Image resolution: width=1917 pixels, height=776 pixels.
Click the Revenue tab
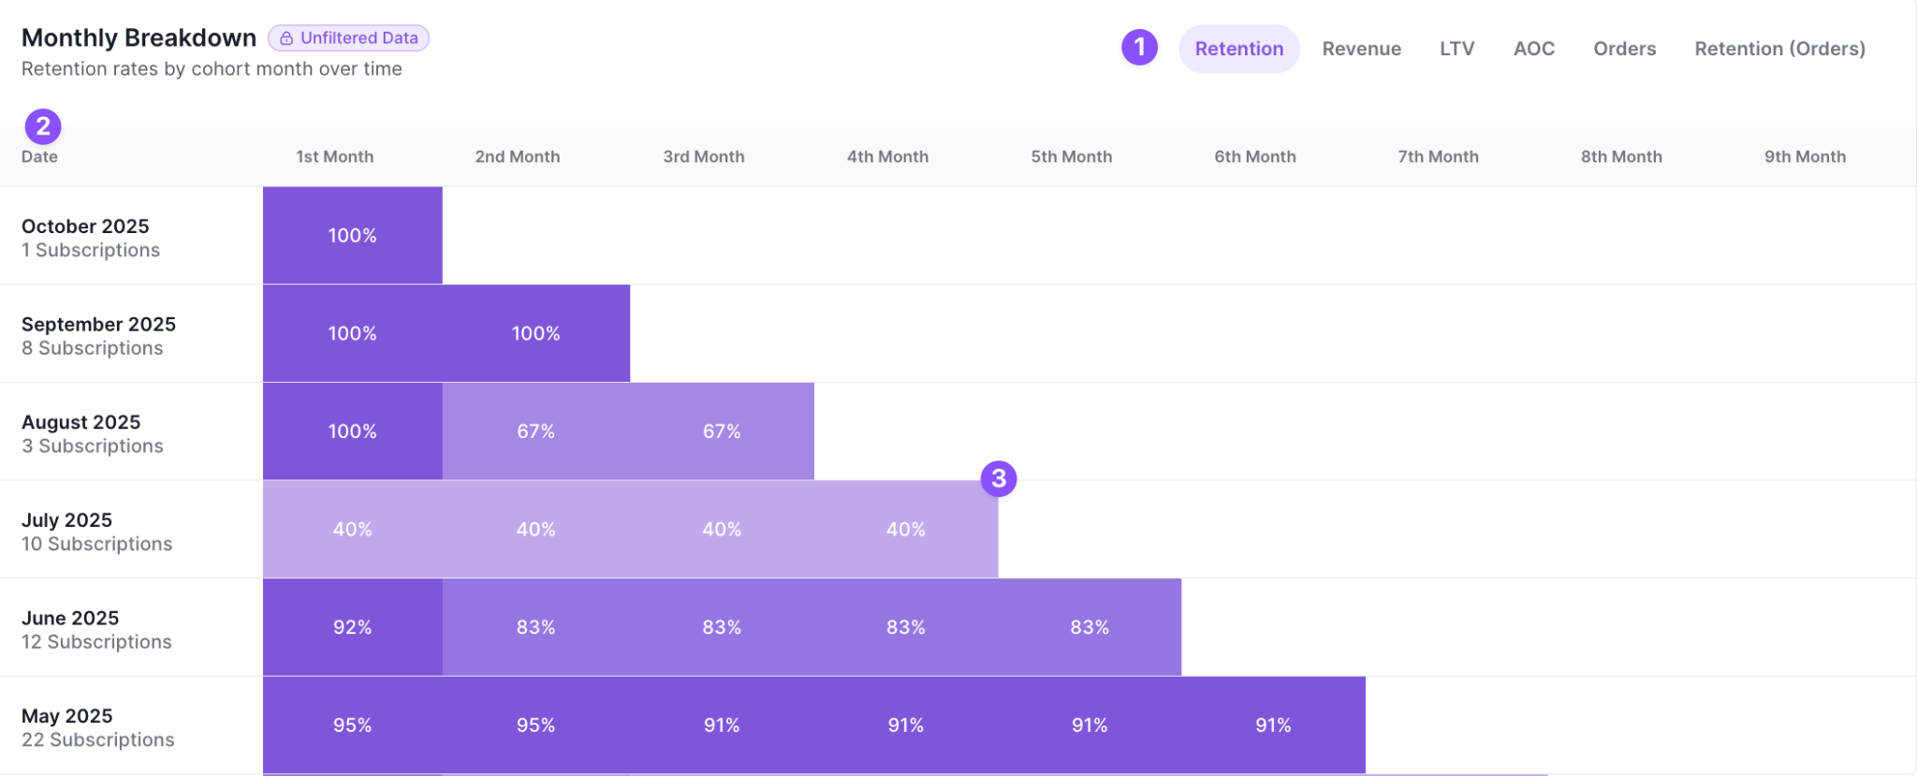[x=1361, y=49]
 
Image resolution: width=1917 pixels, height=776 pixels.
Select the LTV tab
[x=1456, y=49]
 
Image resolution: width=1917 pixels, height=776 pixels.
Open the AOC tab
[x=1533, y=49]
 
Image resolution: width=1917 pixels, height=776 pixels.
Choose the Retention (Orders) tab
[x=1779, y=49]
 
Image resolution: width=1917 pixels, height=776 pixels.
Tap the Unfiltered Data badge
[x=348, y=38]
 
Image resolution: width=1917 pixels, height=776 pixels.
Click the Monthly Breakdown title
[x=139, y=37]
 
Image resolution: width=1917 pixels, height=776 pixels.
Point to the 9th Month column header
[x=1805, y=157]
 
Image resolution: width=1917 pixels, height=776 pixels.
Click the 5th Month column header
[x=1071, y=157]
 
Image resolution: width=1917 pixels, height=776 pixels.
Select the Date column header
[x=39, y=157]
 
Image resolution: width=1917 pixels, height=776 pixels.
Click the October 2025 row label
[x=85, y=227]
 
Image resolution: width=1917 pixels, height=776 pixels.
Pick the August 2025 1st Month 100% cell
[x=353, y=432]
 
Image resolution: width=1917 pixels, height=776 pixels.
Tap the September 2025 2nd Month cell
[x=536, y=333]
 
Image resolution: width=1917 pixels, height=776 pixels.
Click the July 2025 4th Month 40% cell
[x=905, y=530]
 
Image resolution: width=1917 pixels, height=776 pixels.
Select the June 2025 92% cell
[x=353, y=627]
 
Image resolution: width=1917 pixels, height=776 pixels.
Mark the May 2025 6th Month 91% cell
[x=1273, y=725]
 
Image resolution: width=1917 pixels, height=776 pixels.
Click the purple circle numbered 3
[x=999, y=478]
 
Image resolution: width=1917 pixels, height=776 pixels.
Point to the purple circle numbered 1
[x=1139, y=47]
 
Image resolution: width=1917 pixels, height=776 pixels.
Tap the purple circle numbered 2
[x=43, y=126]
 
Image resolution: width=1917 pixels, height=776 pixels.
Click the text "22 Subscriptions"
[x=97, y=740]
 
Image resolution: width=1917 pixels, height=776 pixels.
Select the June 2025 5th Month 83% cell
[x=1090, y=627]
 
